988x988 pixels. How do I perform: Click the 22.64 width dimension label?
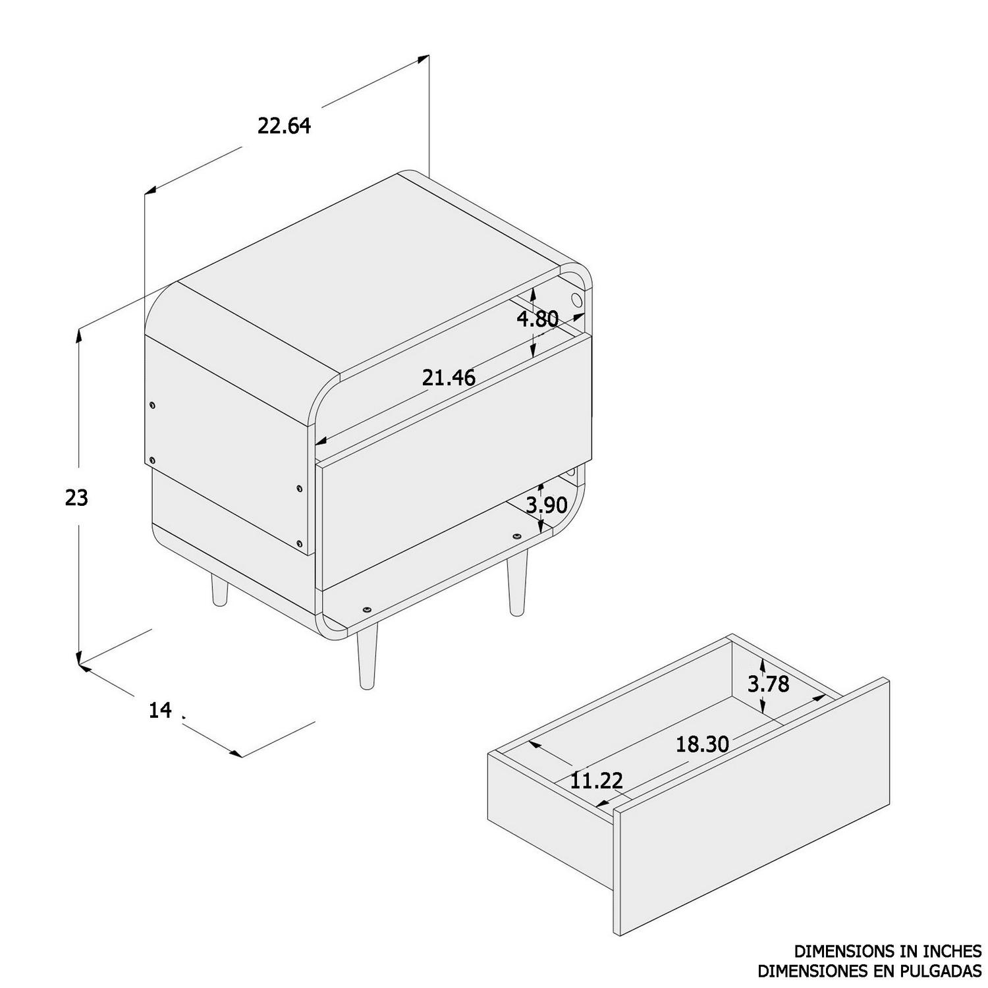[284, 125]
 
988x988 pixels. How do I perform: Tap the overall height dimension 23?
[76, 498]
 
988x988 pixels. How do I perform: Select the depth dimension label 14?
[160, 711]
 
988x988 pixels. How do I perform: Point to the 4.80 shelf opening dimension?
[537, 319]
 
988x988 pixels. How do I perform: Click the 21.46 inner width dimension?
[449, 377]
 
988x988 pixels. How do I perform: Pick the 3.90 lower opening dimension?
[547, 505]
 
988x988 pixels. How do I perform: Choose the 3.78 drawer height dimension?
[768, 684]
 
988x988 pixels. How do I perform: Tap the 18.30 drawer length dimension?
[702, 744]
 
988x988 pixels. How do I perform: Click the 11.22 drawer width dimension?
[596, 781]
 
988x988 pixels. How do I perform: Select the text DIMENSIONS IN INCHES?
[887, 951]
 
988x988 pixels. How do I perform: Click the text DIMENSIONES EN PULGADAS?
[869, 971]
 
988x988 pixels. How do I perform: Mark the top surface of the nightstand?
[369, 277]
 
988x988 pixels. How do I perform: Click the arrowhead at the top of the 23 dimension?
[80, 333]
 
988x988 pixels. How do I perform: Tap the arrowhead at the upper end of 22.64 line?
[424, 59]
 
